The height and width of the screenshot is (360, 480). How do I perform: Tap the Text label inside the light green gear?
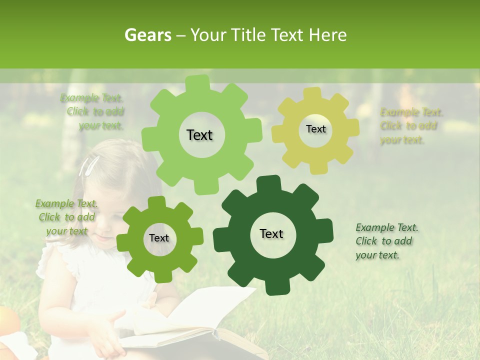199,135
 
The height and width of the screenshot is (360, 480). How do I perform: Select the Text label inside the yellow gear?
315,129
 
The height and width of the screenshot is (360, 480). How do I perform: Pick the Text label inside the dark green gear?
271,233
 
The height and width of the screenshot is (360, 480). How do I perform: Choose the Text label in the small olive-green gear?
159,238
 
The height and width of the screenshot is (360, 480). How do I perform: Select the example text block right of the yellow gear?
410,126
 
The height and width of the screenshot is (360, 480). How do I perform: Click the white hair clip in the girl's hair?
91,165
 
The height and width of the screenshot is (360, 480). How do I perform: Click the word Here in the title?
328,35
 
